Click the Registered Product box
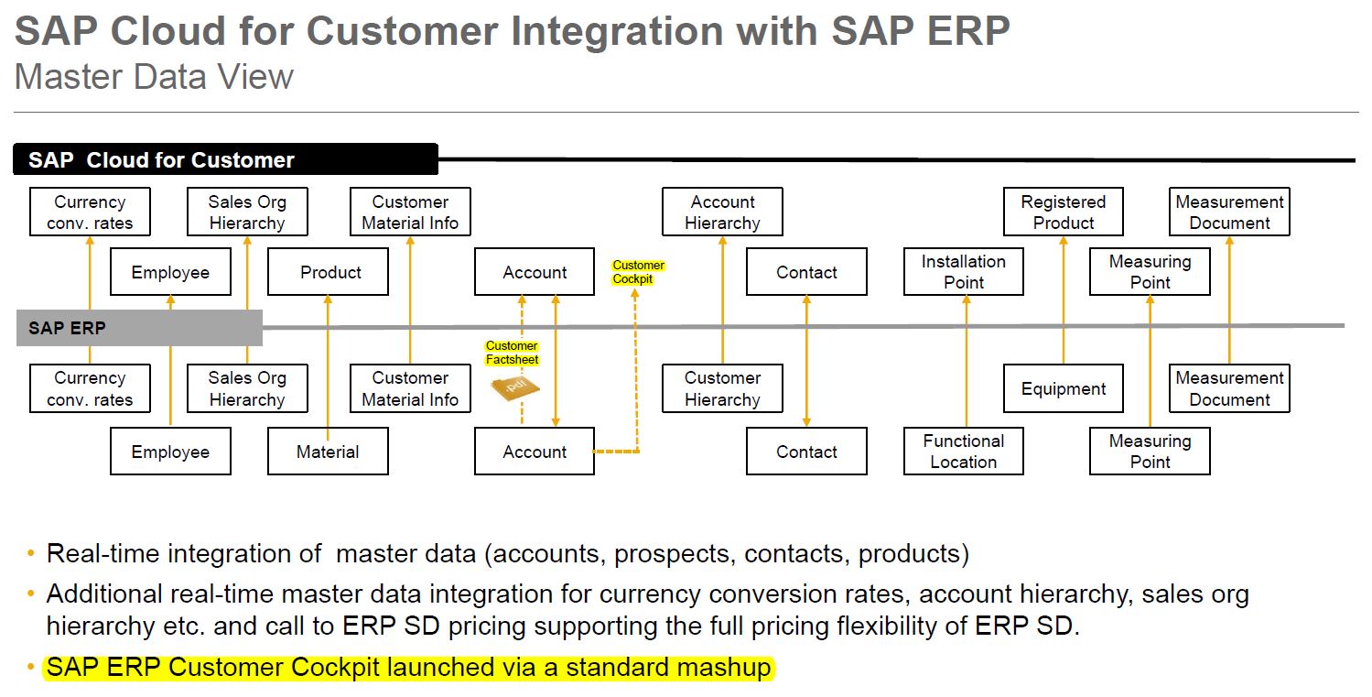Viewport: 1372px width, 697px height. pyautogui.click(x=1064, y=212)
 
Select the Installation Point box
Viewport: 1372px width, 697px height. pyautogui.click(x=963, y=272)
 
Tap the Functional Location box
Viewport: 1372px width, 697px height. pyautogui.click(x=963, y=452)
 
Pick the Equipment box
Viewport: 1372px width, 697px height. pyautogui.click(x=1064, y=389)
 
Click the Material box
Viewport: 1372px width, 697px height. pyautogui.click(x=328, y=452)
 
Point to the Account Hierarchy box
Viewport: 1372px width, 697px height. pyautogui.click(x=723, y=212)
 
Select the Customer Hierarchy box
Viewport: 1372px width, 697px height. pyautogui.click(x=723, y=389)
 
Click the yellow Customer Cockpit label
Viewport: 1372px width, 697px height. pyautogui.click(x=639, y=272)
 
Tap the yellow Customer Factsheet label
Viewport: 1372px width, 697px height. pyautogui.click(x=512, y=353)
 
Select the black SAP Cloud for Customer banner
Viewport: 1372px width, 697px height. pyautogui.click(x=225, y=160)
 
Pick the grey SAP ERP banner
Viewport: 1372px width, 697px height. pyautogui.click(x=139, y=328)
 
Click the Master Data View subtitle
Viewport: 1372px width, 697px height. pyautogui.click(x=154, y=76)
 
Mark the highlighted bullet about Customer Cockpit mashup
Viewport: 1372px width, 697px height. pyautogui.click(x=408, y=668)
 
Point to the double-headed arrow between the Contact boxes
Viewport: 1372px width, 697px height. pyautogui.click(x=806, y=362)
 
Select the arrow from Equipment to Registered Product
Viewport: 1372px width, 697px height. pyautogui.click(x=1064, y=302)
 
